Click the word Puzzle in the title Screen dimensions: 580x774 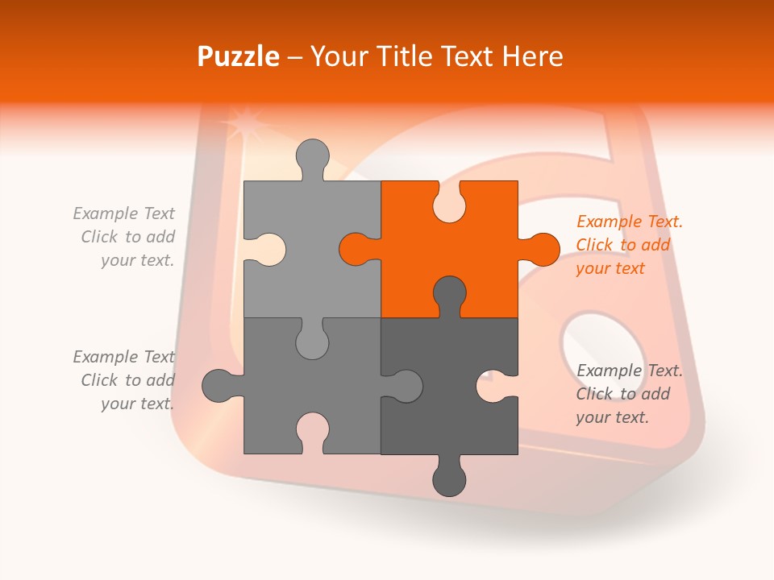(x=239, y=56)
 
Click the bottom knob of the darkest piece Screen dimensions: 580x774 (x=449, y=480)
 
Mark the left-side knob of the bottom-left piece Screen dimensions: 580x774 (x=218, y=386)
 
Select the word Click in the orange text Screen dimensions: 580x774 (x=594, y=245)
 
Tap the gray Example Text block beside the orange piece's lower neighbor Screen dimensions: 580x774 (x=629, y=394)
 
